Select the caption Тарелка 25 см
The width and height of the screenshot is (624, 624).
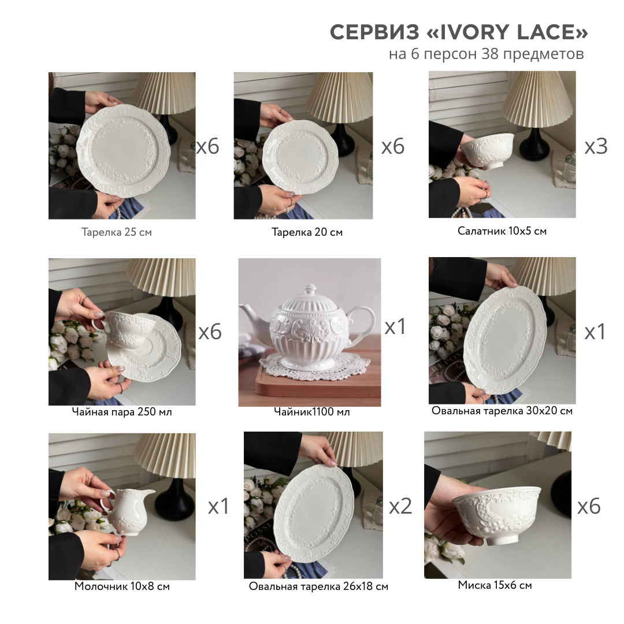coord(117,232)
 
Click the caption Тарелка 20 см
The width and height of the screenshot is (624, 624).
coord(307,232)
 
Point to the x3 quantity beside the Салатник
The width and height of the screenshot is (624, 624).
coord(596,146)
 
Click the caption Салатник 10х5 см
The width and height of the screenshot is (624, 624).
coord(502,231)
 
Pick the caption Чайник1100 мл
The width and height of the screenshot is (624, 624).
coord(311,411)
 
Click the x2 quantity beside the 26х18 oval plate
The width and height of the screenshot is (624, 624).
coord(400,506)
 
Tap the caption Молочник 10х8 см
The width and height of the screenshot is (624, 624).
coord(122,586)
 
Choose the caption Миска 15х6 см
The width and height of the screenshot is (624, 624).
coord(495,585)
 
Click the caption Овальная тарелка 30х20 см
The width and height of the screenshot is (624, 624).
coord(502,411)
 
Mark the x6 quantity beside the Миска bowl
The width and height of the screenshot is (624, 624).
coord(589,506)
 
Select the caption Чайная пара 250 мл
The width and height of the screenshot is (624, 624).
coord(122,411)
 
